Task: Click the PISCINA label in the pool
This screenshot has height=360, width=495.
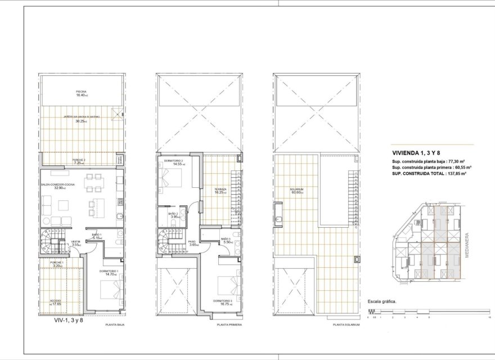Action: [82, 91]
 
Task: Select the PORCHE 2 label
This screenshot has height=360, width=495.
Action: [78, 160]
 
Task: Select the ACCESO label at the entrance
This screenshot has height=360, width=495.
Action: [56, 301]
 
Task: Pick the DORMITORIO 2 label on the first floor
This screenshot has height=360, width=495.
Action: [173, 160]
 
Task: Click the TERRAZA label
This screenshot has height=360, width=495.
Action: [220, 189]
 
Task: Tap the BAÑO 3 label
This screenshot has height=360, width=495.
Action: [226, 238]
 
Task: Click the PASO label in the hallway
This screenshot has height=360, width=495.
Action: [193, 241]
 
